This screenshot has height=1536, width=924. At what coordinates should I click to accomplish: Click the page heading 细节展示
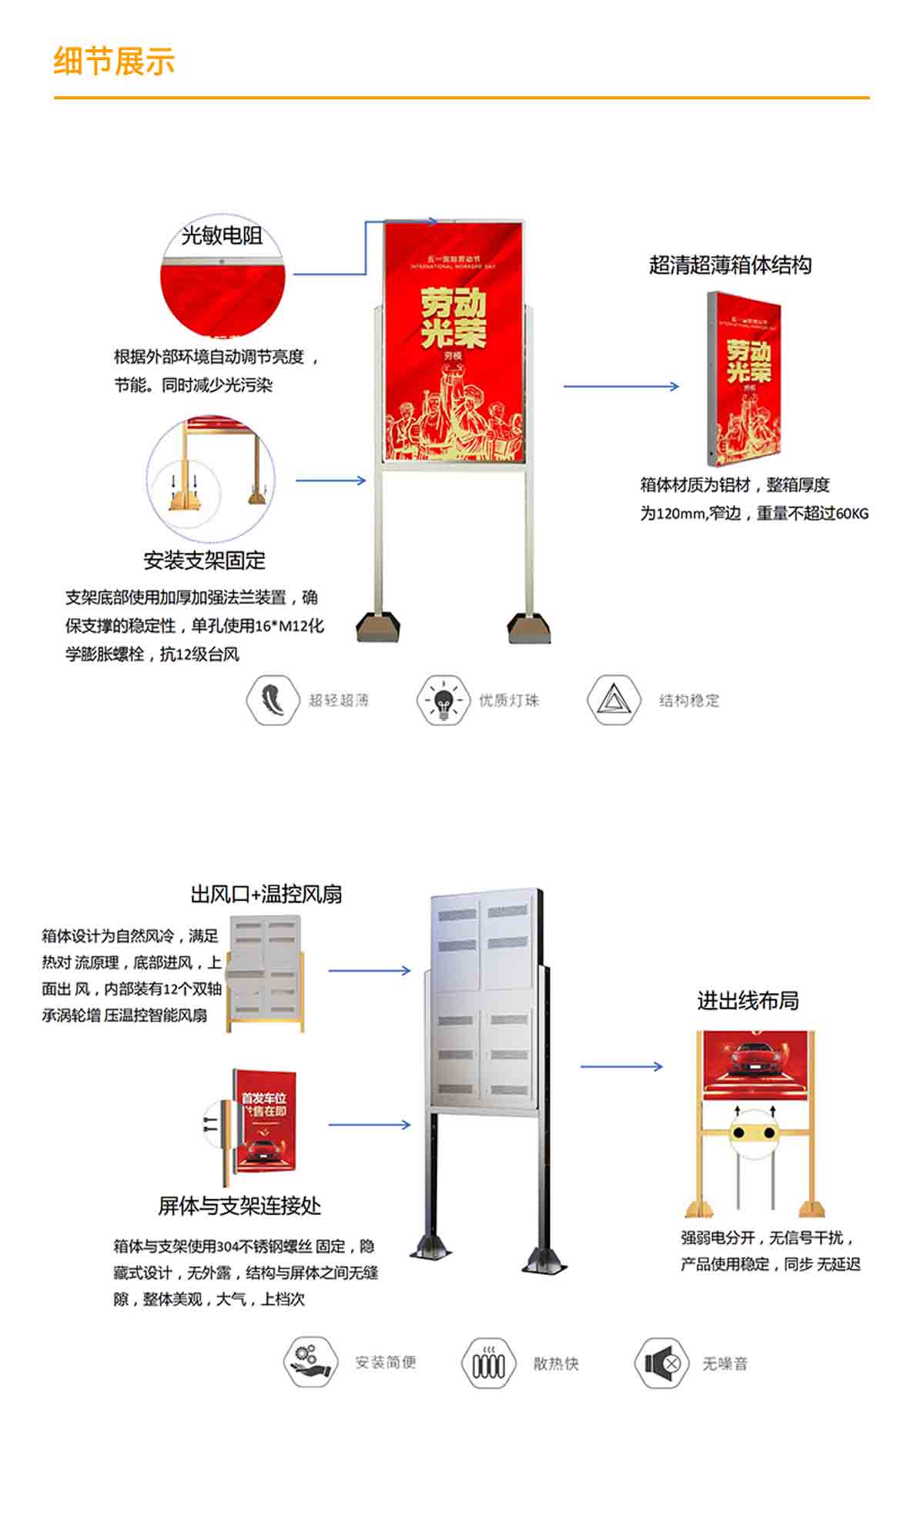(x=114, y=61)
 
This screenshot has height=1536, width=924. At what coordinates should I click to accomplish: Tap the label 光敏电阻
(x=222, y=236)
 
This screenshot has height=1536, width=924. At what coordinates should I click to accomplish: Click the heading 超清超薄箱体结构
(x=730, y=265)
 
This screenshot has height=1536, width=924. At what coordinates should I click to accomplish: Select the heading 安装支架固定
(x=204, y=560)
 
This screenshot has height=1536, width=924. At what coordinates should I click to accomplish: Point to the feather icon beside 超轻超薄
(x=272, y=699)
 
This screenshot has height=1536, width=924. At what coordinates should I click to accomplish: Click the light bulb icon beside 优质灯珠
(x=443, y=699)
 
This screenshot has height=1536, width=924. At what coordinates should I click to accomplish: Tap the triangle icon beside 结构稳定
(x=613, y=699)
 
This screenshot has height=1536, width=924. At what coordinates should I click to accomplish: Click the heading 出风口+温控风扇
(x=266, y=894)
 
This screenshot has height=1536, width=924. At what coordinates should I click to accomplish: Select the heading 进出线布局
(x=748, y=1000)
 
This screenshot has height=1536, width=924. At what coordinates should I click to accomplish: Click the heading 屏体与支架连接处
(x=239, y=1206)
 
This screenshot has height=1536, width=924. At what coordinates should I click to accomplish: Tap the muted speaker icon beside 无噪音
(x=661, y=1364)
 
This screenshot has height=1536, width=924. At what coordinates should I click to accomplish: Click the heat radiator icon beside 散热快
(x=487, y=1364)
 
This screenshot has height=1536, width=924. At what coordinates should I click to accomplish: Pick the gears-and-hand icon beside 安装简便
(x=310, y=1363)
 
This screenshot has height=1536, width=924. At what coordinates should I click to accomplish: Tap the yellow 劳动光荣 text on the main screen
(x=454, y=318)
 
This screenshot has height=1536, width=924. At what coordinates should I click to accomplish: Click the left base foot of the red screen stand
(x=378, y=627)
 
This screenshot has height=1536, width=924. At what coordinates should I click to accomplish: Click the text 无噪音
(x=725, y=1364)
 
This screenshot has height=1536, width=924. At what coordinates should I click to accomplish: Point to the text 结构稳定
(x=689, y=700)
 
